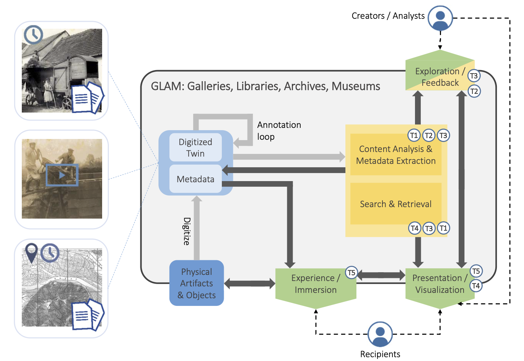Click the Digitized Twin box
click(x=195, y=147)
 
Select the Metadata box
click(x=195, y=179)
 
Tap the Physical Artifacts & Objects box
click(x=197, y=283)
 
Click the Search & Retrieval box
click(x=395, y=204)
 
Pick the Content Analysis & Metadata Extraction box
click(x=395, y=155)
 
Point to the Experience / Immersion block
click(x=316, y=284)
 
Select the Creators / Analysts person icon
click(x=440, y=18)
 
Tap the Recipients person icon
click(x=380, y=334)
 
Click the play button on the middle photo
click(x=62, y=175)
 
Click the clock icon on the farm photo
click(x=33, y=35)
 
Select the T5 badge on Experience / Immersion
click(x=351, y=273)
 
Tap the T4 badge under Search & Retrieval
click(x=415, y=228)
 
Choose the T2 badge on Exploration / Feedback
click(x=474, y=91)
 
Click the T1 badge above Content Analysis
click(x=414, y=135)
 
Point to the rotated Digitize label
click(x=187, y=231)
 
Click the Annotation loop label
click(x=279, y=131)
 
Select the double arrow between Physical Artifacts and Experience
click(x=249, y=284)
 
